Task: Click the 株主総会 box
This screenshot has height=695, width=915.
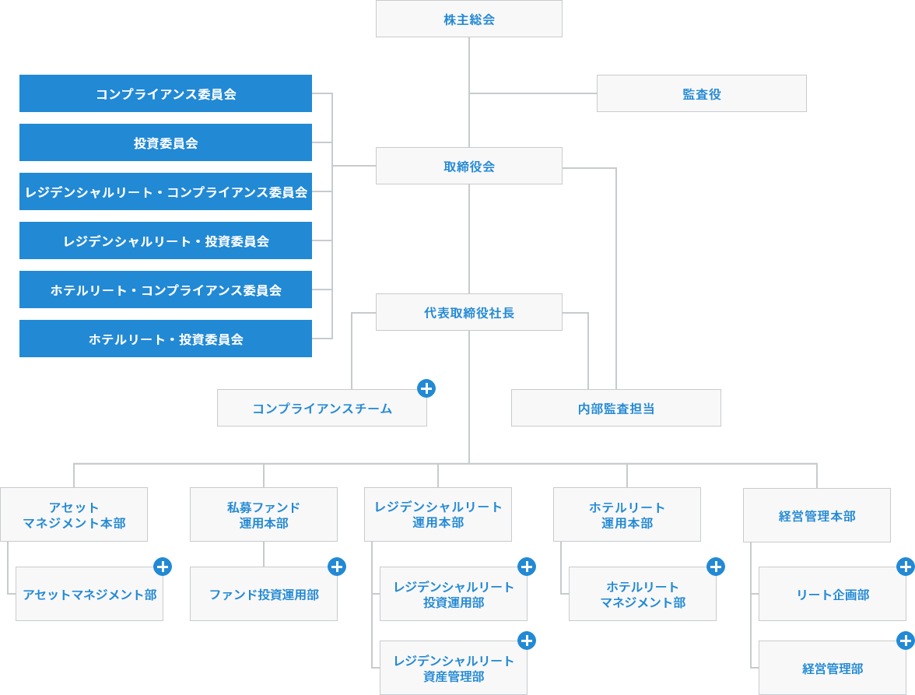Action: (468, 19)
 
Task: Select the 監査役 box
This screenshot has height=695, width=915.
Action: (701, 93)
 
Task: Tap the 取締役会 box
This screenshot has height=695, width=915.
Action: (468, 166)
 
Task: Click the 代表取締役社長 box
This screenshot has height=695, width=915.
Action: (468, 312)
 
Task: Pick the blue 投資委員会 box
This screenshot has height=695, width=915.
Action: (165, 142)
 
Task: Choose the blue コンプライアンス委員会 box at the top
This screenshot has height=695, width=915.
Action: (165, 93)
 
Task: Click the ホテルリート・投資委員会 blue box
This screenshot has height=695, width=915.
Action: (165, 339)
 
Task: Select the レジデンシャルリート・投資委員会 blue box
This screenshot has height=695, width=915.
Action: (165, 240)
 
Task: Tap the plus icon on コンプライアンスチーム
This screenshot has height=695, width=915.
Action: (426, 388)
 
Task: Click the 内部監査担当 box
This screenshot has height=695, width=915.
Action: (615, 408)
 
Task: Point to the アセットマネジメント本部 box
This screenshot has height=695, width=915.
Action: (74, 514)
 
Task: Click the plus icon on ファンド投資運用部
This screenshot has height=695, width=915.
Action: (337, 567)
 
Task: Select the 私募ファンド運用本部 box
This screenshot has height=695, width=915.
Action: (263, 514)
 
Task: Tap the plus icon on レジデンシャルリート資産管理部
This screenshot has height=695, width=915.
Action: (527, 641)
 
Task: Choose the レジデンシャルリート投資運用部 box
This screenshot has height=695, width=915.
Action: (453, 594)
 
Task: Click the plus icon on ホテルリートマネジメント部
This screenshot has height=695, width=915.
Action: (716, 567)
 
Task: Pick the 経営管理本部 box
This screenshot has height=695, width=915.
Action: (816, 515)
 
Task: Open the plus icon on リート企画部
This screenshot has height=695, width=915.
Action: (906, 567)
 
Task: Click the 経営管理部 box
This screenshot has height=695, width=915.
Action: (832, 668)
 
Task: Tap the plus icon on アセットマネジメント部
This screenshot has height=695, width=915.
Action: (163, 567)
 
